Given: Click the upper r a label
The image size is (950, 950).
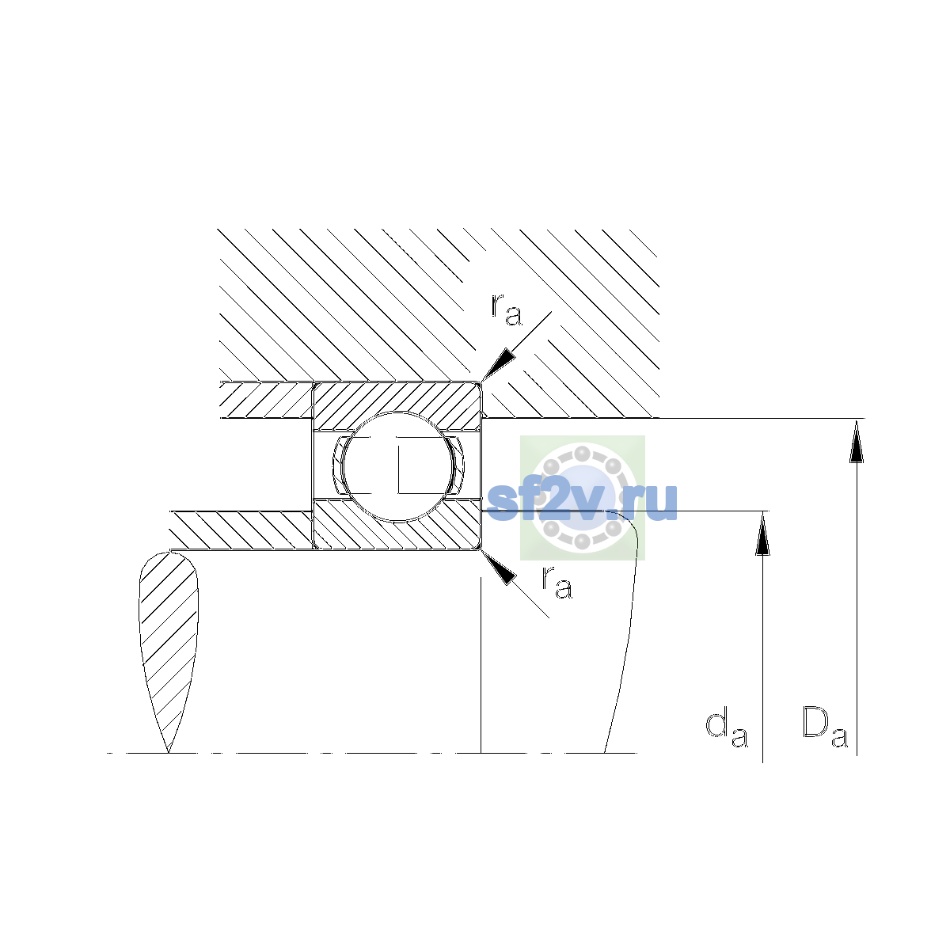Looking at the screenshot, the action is (507, 310).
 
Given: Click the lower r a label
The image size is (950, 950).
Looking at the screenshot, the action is (557, 582).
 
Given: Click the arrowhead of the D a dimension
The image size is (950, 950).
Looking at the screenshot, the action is (857, 440).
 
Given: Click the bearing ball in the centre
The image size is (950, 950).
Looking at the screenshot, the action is (397, 465).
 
